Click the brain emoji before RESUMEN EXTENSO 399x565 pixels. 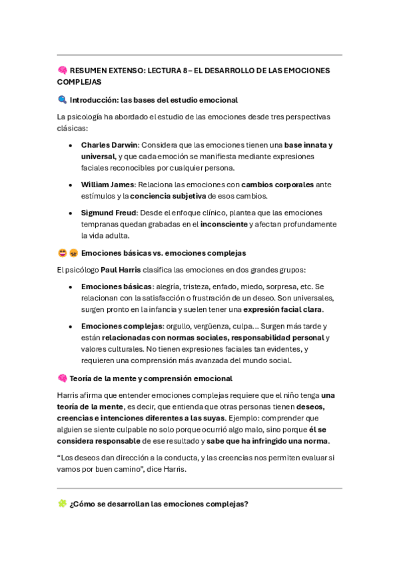click(62, 70)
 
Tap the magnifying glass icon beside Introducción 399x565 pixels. click(62, 100)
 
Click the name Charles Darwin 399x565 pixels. click(109, 145)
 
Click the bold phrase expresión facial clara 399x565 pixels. click(283, 310)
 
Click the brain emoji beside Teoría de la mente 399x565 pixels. click(62, 378)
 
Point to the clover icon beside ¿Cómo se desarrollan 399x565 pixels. click(62, 504)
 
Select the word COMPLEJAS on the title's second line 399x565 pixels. click(79, 82)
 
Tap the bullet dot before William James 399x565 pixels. click(71, 185)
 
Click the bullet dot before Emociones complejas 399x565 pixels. click(71, 326)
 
